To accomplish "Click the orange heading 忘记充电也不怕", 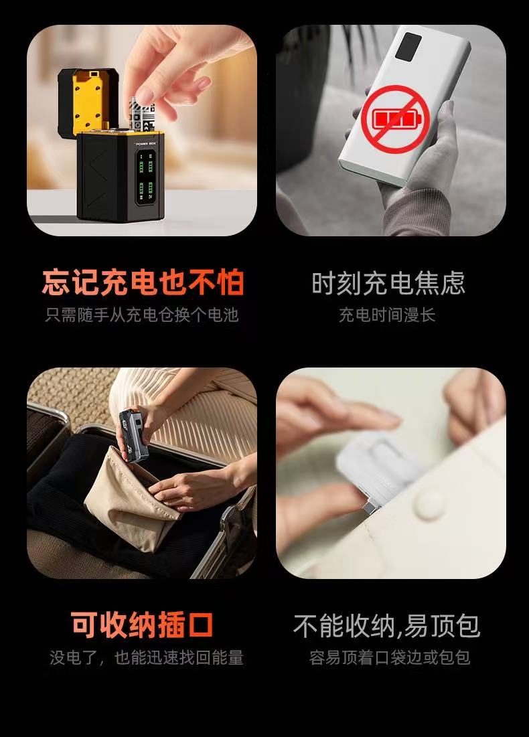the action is (143, 282).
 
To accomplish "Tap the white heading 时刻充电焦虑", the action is (388, 282).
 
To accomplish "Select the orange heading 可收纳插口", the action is (142, 625).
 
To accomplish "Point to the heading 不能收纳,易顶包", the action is (386, 626).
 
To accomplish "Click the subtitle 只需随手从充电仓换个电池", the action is (142, 315).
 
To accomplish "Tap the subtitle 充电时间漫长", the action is (387, 315).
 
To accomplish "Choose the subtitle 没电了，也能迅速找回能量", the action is (146, 657).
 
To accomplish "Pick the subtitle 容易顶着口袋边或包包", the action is (390, 657).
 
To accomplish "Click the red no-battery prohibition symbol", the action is (396, 119).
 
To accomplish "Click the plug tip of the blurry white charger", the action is (369, 508).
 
